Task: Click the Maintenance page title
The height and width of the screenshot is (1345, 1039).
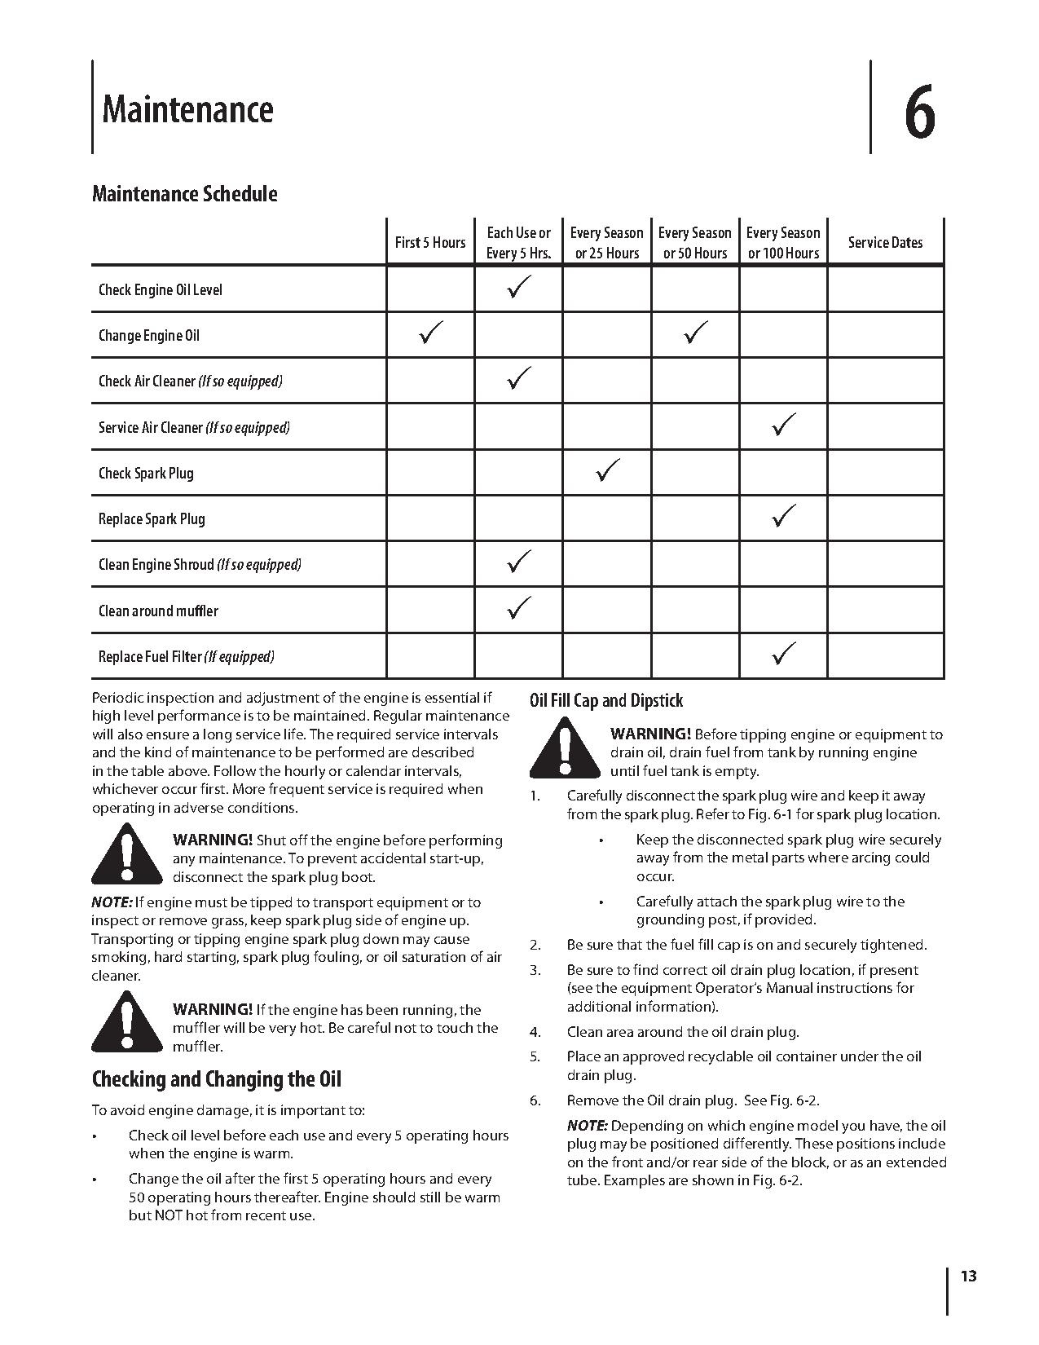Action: coord(187,109)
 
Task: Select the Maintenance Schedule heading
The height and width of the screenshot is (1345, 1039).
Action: coord(184,194)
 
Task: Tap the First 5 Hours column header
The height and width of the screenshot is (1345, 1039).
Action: coord(429,242)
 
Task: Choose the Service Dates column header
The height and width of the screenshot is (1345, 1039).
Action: coord(885,242)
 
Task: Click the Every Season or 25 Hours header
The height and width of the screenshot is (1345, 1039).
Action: coord(606,243)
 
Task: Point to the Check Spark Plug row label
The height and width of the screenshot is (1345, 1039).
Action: coord(146,473)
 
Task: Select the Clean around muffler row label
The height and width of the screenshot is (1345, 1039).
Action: coord(158,611)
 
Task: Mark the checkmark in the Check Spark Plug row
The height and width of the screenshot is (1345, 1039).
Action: coord(607,470)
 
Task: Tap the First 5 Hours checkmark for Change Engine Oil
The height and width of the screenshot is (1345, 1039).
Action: coord(430,333)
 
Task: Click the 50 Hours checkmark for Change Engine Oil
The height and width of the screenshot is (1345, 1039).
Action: coord(695,333)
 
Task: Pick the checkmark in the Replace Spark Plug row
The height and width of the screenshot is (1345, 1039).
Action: coord(783,516)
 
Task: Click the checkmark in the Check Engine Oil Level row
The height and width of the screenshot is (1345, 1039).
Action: coord(519,287)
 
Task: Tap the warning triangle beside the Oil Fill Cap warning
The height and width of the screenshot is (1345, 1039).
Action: coord(563,747)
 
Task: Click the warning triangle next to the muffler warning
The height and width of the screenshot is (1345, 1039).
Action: coord(125,1021)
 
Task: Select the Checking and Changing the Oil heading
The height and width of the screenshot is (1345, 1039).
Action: coord(216,1079)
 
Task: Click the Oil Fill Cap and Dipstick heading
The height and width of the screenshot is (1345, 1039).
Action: coord(606,701)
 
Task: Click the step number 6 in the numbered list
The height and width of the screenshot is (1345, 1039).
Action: coord(535,1100)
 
